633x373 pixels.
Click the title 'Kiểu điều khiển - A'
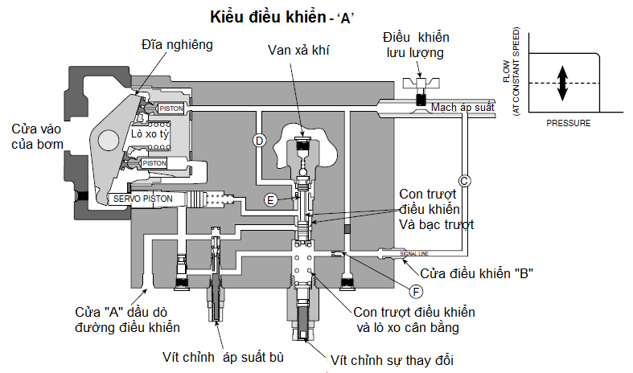pyautogui.click(x=282, y=17)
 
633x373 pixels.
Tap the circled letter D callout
pyautogui.click(x=259, y=140)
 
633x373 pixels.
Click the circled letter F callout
pyautogui.click(x=415, y=291)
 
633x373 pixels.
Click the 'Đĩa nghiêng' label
pyautogui.click(x=176, y=45)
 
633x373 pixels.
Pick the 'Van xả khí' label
pyautogui.click(x=300, y=51)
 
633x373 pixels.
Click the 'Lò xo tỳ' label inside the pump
pyautogui.click(x=151, y=135)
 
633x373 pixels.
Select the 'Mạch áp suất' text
pyautogui.click(x=462, y=106)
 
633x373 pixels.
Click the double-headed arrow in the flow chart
pyautogui.click(x=563, y=84)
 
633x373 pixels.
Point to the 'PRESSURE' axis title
pyautogui.click(x=568, y=124)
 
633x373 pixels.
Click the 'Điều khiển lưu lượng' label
pyautogui.click(x=416, y=45)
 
